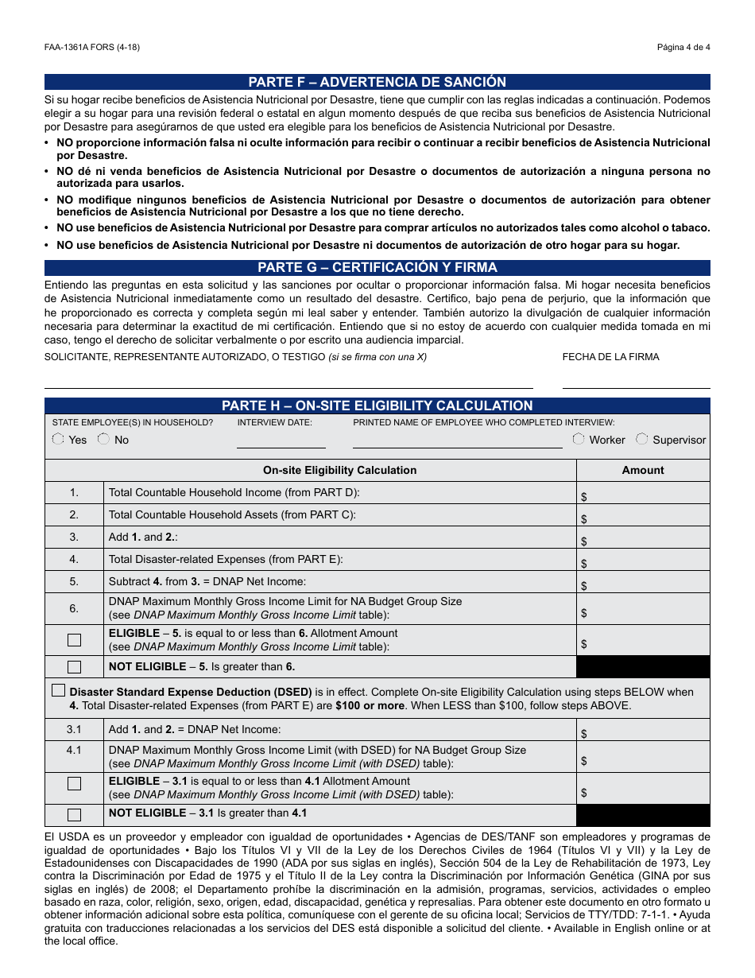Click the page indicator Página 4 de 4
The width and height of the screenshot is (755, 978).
point(683,47)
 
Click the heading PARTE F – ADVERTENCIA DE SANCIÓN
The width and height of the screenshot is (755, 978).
point(377,82)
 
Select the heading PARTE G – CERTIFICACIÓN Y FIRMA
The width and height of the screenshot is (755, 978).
point(377,267)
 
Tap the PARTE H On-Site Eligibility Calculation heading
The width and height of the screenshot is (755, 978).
point(377,406)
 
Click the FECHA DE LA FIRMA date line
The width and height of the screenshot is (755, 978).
point(636,386)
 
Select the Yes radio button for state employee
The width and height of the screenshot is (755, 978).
point(58,440)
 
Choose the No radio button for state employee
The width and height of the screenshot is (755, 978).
point(103,440)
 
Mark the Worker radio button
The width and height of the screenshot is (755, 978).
point(579,439)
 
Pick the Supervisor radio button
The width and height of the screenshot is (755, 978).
point(642,439)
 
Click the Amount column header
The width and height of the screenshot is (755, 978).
point(642,470)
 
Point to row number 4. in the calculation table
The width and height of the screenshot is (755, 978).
point(74,559)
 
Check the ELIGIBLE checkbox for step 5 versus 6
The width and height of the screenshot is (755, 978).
point(74,640)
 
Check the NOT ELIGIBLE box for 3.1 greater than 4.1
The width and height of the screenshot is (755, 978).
point(74,814)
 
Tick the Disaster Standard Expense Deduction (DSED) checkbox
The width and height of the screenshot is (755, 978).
point(59,690)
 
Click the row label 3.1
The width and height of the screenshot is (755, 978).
point(74,729)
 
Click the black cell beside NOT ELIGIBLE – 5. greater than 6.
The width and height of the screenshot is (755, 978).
point(642,667)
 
